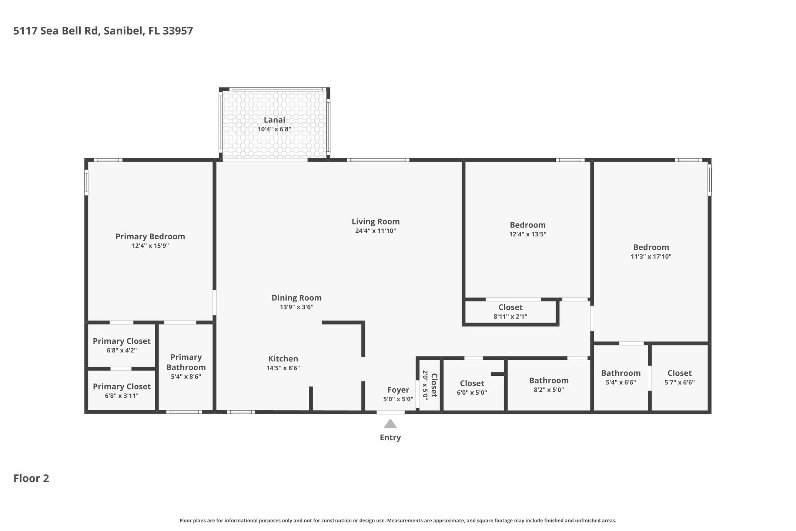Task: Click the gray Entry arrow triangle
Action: pos(390,423)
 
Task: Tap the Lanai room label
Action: pos(274,120)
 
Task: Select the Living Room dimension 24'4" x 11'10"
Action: pos(375,231)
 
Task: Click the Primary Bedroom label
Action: pos(150,236)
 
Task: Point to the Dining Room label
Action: pos(297,298)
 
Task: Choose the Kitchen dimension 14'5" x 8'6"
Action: pos(283,368)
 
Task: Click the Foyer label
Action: pos(398,390)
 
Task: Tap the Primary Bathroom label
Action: pos(186,362)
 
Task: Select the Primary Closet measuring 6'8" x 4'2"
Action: pos(121,341)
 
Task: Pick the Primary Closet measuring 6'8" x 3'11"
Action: pos(121,386)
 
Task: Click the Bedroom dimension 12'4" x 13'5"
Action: pos(528,234)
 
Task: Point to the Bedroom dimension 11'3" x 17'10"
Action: pos(651,256)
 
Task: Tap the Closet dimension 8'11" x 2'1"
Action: pos(510,316)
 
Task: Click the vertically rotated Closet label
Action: pos(434,385)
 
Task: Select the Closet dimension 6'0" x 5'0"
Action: pos(472,392)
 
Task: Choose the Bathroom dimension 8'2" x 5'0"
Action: pos(549,390)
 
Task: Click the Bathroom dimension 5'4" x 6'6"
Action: pos(621,382)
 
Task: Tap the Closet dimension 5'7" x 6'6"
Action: pos(679,382)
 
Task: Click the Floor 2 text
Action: pos(31,478)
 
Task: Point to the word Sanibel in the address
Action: pos(123,31)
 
